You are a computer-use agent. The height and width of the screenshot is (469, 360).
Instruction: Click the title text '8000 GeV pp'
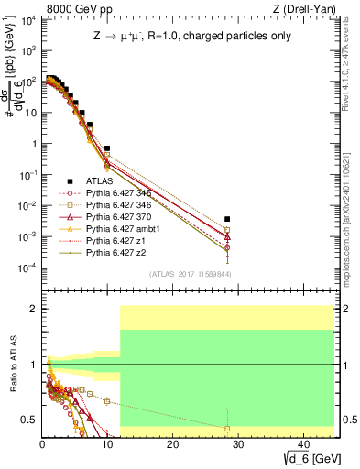tap(68, 9)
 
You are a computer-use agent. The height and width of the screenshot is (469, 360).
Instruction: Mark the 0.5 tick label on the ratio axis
tap(29, 420)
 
